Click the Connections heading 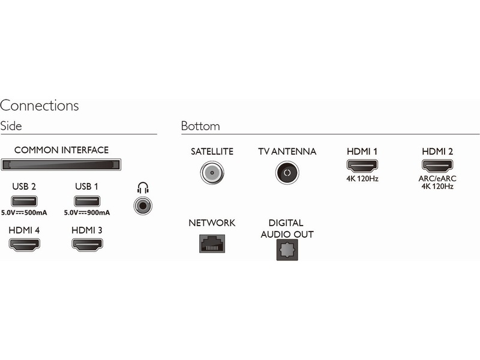(x=40, y=106)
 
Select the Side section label (x=11, y=127)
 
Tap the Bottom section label (x=200, y=127)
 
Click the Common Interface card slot (x=61, y=164)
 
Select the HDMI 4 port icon (x=24, y=244)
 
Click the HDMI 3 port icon (x=87, y=244)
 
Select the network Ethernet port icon (x=211, y=243)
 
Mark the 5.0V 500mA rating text (x=24, y=212)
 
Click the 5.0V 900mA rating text (x=87, y=212)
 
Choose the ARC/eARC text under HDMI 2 (x=437, y=178)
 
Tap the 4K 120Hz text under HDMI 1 (x=362, y=178)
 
